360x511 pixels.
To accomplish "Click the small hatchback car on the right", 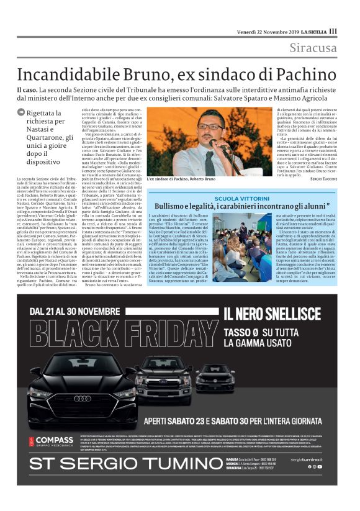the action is tap(215, 376).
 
